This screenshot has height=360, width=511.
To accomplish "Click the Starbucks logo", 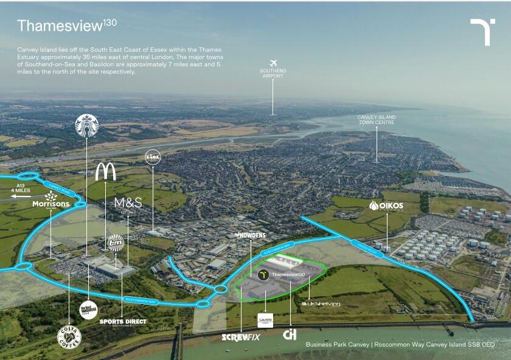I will point(86,125).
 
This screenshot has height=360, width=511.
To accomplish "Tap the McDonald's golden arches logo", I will point(105,172).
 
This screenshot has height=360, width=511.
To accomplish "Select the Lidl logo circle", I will point(153,157).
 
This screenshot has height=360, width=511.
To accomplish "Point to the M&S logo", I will point(128,203).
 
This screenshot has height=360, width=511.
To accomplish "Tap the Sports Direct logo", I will point(123,322).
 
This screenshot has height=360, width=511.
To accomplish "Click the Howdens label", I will point(249,235).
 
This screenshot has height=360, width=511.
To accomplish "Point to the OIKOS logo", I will point(386,206).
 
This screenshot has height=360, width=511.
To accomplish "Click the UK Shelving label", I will point(321,303).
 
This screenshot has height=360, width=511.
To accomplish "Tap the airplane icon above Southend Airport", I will point(273,63).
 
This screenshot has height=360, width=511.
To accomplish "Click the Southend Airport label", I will point(273,74).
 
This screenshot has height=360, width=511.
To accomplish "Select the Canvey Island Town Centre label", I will point(377,119).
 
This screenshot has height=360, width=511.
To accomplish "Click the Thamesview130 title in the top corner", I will point(67,25).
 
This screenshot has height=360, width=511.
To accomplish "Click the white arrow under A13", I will point(20,196).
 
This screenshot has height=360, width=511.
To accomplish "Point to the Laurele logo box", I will point(265,320).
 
